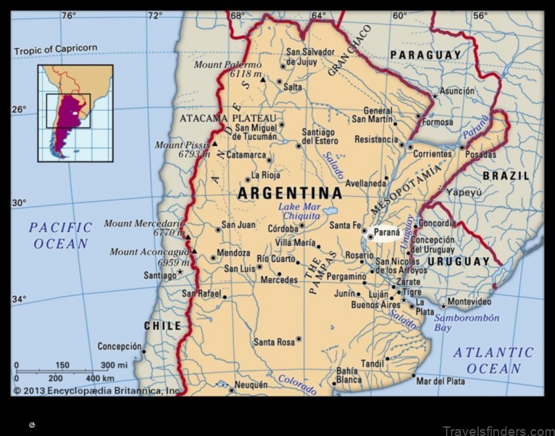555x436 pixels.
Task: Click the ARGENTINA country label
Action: pyautogui.click(x=289, y=193)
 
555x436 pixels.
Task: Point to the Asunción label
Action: pyautogui.click(x=459, y=91)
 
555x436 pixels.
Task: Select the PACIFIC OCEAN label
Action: pyautogui.click(x=61, y=235)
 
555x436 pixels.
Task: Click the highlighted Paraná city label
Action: pyautogui.click(x=386, y=232)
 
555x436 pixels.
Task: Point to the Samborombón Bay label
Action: pyautogui.click(x=466, y=323)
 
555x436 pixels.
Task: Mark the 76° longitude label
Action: pyautogui.click(x=68, y=15)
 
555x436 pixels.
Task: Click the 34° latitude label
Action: pyautogui.click(x=19, y=299)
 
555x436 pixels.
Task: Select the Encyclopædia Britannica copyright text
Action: pyautogui.click(x=97, y=391)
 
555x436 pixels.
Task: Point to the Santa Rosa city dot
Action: pyautogui.click(x=298, y=339)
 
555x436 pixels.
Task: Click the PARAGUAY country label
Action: pyautogui.click(x=425, y=55)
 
